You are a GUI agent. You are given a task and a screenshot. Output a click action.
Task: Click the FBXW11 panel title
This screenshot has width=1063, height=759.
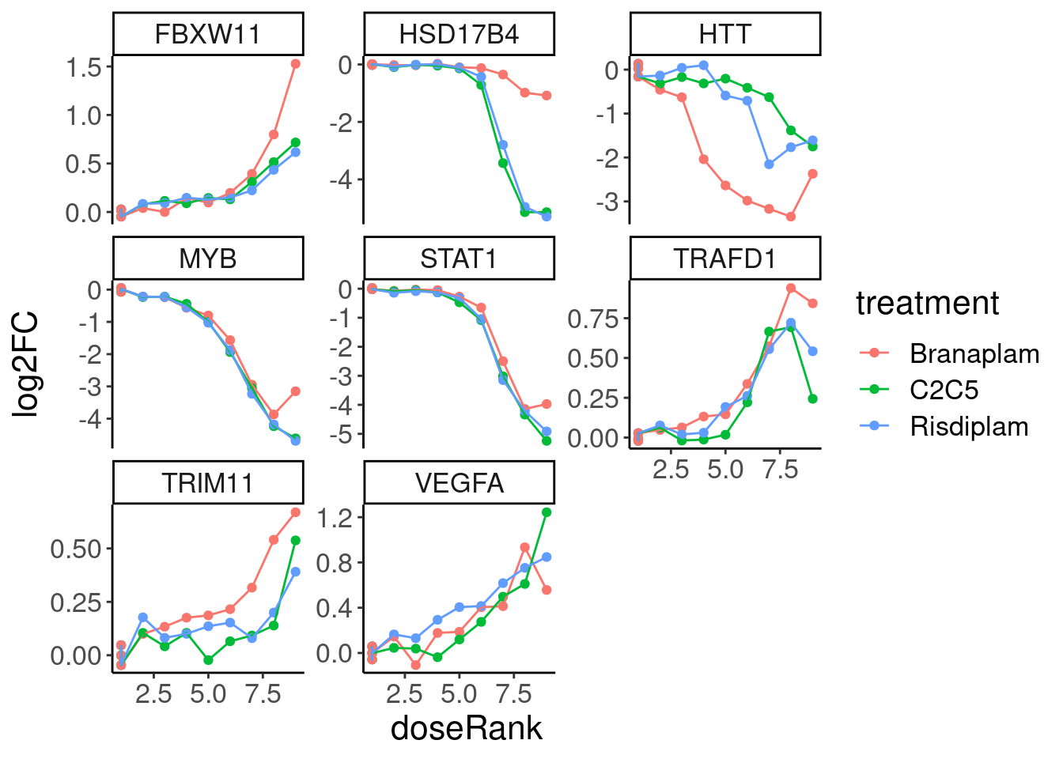click(x=208, y=35)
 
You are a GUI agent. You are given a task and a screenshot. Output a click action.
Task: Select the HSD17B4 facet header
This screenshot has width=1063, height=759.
click(x=459, y=35)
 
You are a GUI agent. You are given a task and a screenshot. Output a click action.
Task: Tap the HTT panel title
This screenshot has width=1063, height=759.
click(x=724, y=35)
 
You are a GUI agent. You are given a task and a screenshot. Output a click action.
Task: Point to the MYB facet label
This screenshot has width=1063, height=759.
click(x=208, y=259)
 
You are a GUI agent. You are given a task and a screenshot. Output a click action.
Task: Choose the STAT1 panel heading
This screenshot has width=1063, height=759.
click(x=459, y=259)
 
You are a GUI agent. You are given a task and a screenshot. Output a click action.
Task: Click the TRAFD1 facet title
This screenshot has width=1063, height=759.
click(x=724, y=259)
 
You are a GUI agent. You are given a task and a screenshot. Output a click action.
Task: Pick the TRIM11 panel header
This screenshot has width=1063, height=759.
click(x=208, y=483)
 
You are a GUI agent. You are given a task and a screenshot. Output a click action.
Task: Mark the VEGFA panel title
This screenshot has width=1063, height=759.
click(x=459, y=483)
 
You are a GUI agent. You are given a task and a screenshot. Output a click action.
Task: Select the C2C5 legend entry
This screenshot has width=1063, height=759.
click(x=944, y=390)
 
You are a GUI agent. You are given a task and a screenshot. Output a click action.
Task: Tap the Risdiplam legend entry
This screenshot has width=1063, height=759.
click(x=969, y=426)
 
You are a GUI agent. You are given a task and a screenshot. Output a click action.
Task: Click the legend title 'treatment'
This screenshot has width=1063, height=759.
click(x=927, y=304)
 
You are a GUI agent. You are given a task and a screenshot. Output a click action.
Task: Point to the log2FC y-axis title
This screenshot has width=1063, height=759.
click(x=26, y=364)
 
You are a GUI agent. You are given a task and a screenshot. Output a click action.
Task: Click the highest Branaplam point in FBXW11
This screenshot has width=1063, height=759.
click(x=295, y=64)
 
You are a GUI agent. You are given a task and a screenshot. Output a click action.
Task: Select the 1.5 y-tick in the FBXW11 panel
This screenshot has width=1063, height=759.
click(x=85, y=67)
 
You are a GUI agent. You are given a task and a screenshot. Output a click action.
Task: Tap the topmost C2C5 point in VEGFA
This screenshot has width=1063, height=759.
click(x=547, y=512)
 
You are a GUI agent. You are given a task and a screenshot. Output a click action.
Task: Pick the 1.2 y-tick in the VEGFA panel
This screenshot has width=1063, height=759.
click(x=335, y=518)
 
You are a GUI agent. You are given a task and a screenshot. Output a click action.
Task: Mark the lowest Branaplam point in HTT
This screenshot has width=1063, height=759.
click(x=790, y=217)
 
